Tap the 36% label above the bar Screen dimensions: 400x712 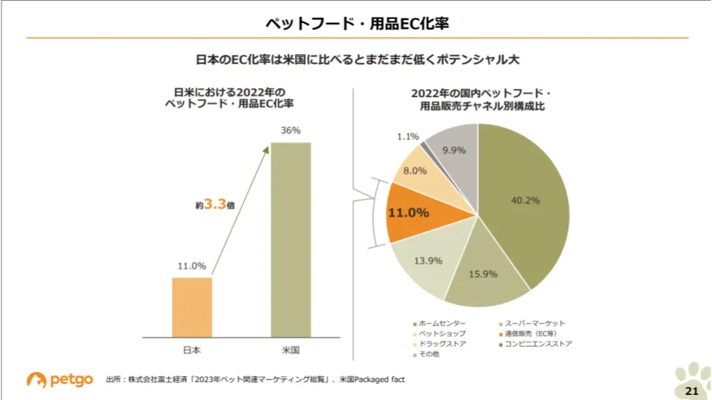click(291, 130)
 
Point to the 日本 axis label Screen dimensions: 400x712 click(192, 349)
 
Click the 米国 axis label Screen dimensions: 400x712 click(291, 349)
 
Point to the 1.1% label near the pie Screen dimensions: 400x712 click(408, 137)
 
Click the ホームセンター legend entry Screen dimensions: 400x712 click(439, 324)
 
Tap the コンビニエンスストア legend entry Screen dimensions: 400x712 click(535, 344)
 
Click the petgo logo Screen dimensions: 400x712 click(60, 379)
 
